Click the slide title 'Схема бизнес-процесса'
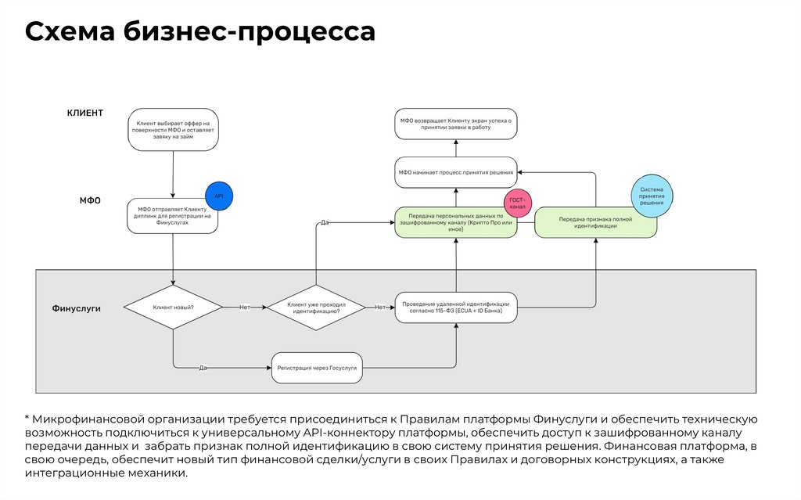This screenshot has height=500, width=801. coord(200,32)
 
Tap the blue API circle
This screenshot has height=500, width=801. coord(219,196)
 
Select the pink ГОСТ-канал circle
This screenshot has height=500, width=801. coord(518,205)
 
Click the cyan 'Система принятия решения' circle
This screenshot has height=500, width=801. coord(652,196)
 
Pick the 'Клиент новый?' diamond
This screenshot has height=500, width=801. coord(173,308)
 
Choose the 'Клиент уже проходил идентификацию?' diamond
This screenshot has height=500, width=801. coord(315,308)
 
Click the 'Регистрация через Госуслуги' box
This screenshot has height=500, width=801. coord(317,367)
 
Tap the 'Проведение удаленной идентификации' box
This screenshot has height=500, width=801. coord(456,308)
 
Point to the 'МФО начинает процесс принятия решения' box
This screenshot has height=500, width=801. coord(456,172)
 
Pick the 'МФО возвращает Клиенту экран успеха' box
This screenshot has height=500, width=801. coord(456,124)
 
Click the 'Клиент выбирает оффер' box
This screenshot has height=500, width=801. coord(173,129)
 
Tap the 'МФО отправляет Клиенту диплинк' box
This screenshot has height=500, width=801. coord(173,215)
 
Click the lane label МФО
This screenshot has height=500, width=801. coord(91,200)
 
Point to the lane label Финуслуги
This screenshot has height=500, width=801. coord(76,308)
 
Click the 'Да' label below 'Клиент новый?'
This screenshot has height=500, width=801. coord(203,367)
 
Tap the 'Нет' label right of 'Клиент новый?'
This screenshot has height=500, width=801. coord(244,308)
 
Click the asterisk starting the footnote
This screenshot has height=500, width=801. coord(27,419)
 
